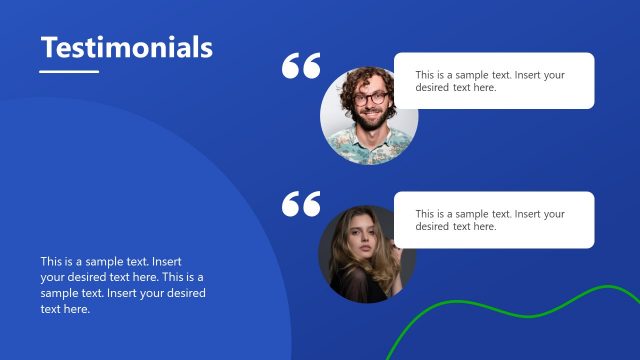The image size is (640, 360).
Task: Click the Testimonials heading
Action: click(126, 47)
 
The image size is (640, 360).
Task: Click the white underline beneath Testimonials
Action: click(69, 71)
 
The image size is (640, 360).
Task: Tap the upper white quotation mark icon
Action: click(301, 66)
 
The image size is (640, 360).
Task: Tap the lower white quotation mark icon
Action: click(301, 203)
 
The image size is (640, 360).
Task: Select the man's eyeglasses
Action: click(372, 98)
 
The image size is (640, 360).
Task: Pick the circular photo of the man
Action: click(369, 115)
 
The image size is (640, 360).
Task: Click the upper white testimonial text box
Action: click(494, 81)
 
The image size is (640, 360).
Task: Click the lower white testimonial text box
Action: click(494, 220)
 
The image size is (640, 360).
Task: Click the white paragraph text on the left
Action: click(122, 285)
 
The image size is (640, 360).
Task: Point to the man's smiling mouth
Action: click(374, 114)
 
